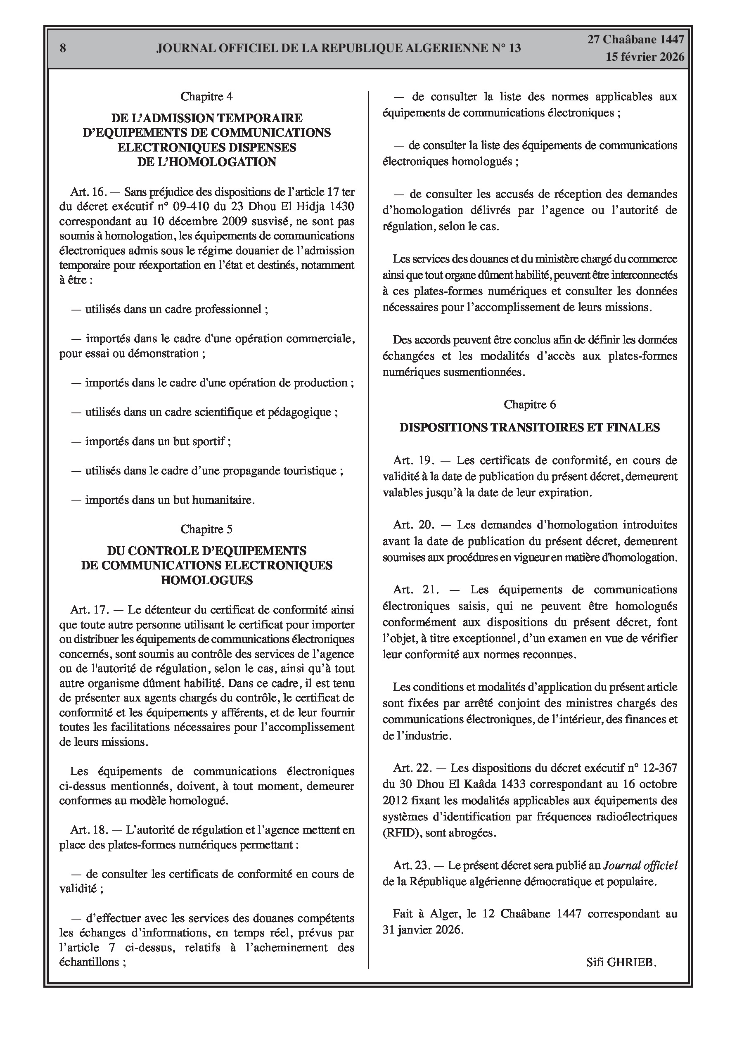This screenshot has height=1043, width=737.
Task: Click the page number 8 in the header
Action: point(63,48)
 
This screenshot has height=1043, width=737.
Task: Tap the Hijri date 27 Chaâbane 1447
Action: point(636,40)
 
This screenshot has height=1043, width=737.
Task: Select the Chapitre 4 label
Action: point(207,96)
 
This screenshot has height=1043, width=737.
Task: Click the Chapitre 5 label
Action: point(207,529)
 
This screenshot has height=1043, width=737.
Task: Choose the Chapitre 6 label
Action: point(529,404)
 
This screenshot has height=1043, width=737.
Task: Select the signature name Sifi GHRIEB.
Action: point(621,962)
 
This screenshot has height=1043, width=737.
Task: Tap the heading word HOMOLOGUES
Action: point(207,580)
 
